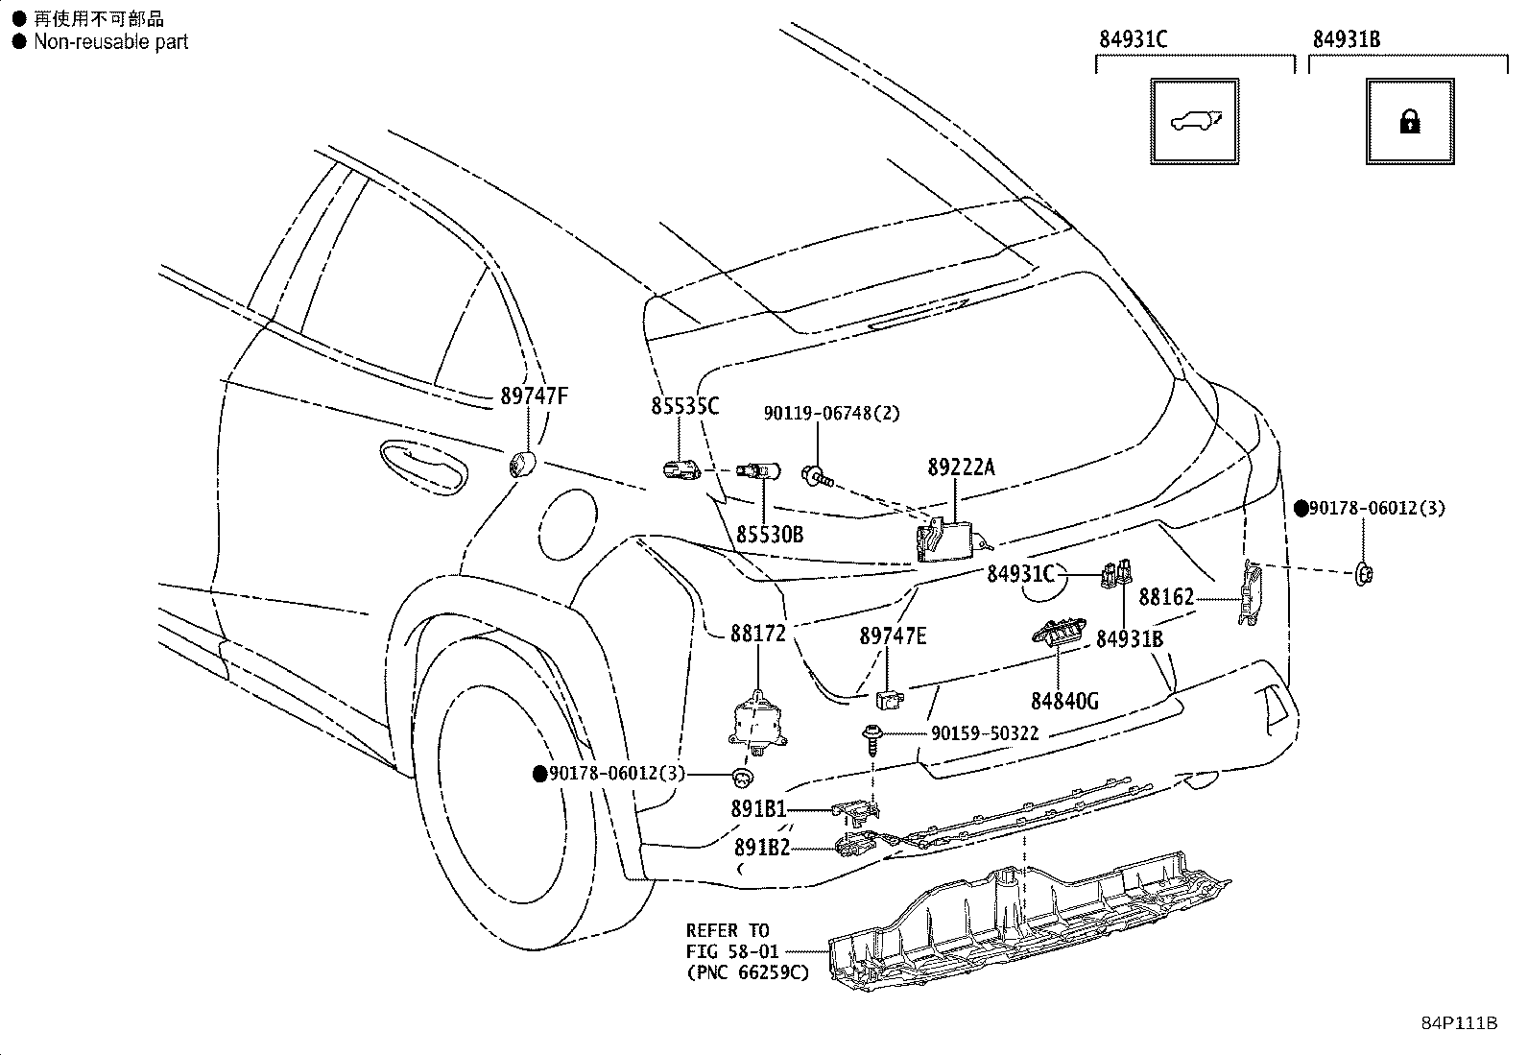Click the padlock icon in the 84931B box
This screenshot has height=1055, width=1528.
[x=1409, y=123]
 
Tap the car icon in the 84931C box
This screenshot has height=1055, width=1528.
[x=1195, y=122]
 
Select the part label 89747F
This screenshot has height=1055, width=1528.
[x=534, y=396]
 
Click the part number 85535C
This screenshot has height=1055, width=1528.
[x=685, y=406]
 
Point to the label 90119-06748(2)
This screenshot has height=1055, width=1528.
[x=831, y=413]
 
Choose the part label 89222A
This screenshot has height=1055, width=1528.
[x=961, y=468]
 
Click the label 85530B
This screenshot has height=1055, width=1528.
[x=770, y=535]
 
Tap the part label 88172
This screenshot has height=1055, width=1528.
[x=758, y=634]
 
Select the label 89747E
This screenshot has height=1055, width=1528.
[x=893, y=636]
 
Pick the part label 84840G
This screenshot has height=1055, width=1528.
[x=1064, y=701]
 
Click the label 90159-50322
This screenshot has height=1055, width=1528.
[x=985, y=732]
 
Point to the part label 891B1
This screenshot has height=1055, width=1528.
[x=758, y=808]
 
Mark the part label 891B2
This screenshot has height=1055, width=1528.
[x=762, y=848]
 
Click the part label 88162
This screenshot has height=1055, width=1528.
[x=1166, y=598]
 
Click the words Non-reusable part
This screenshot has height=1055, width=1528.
[x=111, y=41]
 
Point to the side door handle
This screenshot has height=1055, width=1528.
[x=423, y=467]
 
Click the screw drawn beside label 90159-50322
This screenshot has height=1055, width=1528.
[x=871, y=739]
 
